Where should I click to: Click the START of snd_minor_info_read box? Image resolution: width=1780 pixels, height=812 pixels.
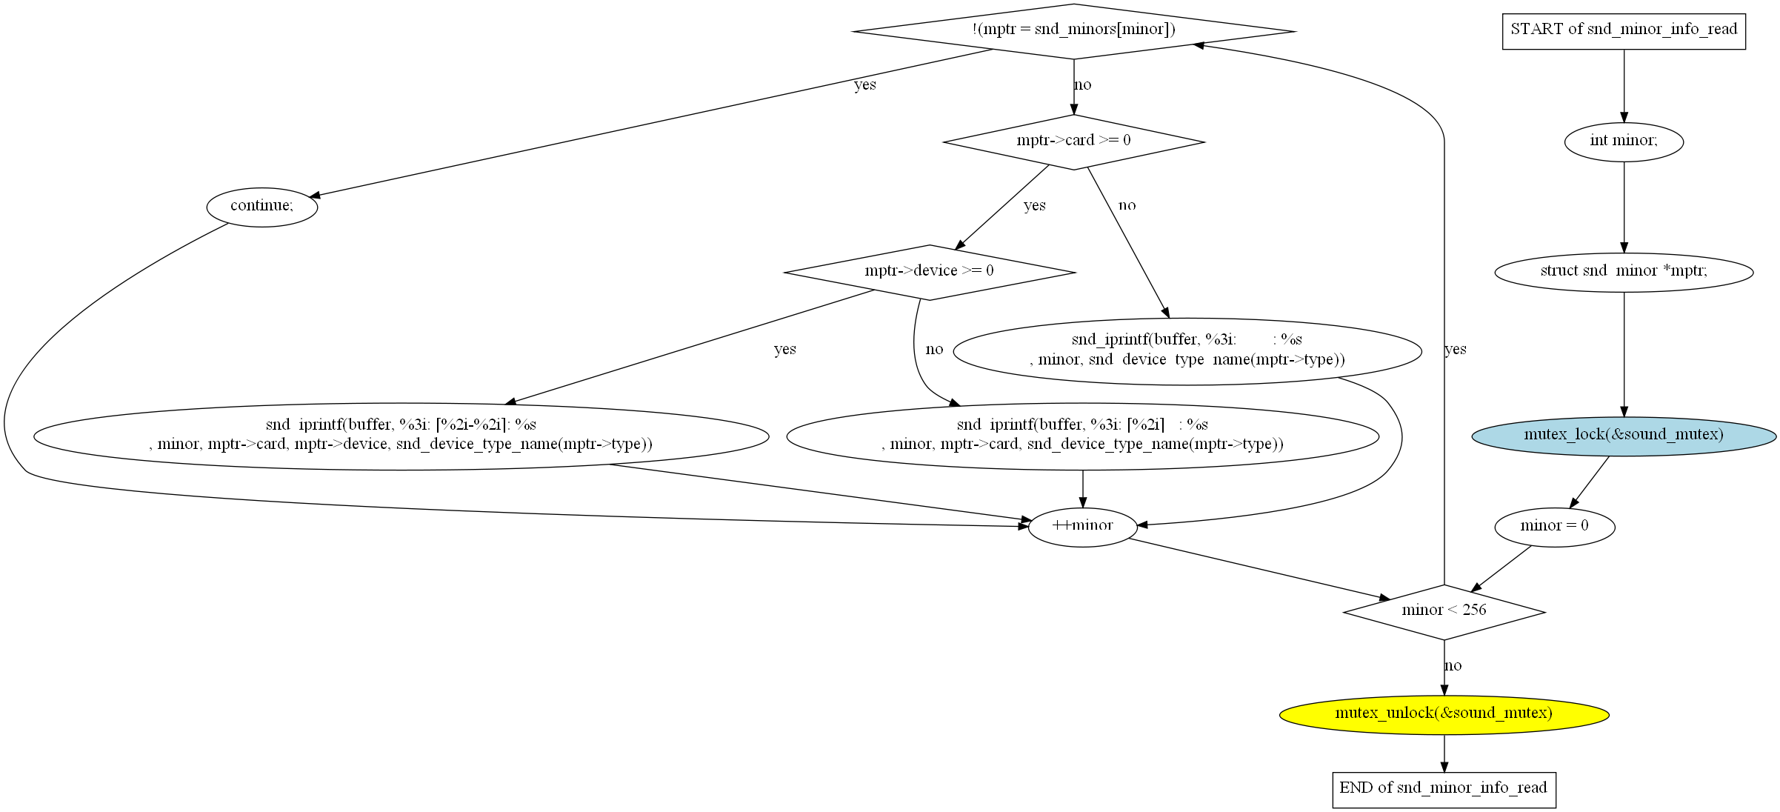(x=1623, y=31)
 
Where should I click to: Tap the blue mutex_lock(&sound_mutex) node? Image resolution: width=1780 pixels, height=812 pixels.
(x=1623, y=436)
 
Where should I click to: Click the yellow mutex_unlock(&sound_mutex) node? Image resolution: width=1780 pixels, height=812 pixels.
(x=1443, y=714)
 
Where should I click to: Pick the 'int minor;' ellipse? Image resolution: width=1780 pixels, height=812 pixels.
(x=1623, y=142)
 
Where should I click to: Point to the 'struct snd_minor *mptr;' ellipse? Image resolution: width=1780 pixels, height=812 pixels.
(x=1623, y=272)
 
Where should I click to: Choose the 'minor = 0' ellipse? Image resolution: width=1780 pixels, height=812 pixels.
(x=1554, y=527)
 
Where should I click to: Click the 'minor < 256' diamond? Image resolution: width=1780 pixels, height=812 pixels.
(x=1443, y=612)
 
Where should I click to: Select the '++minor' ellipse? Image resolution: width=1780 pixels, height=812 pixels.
(x=1082, y=527)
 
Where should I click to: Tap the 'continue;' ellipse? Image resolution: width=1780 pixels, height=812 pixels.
(x=261, y=207)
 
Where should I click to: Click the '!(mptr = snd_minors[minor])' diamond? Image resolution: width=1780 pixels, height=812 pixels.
(x=1073, y=31)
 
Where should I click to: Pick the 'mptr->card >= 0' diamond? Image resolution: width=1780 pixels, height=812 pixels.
(x=1073, y=142)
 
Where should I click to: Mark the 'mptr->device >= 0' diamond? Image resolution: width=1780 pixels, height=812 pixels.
(x=929, y=272)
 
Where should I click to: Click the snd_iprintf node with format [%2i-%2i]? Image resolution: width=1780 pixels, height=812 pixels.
(x=401, y=436)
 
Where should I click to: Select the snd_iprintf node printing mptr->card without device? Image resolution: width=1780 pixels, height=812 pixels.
(x=1082, y=436)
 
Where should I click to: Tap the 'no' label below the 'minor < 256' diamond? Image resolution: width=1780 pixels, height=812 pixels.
(x=1453, y=666)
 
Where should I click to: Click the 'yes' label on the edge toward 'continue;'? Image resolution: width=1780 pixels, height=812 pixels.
(x=864, y=85)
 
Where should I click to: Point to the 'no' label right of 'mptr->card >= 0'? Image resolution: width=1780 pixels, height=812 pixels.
(x=1127, y=206)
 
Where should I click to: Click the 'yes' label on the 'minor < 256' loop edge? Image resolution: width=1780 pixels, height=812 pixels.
(x=1455, y=350)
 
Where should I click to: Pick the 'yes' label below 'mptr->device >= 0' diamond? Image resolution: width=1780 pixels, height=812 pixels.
(x=784, y=350)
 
